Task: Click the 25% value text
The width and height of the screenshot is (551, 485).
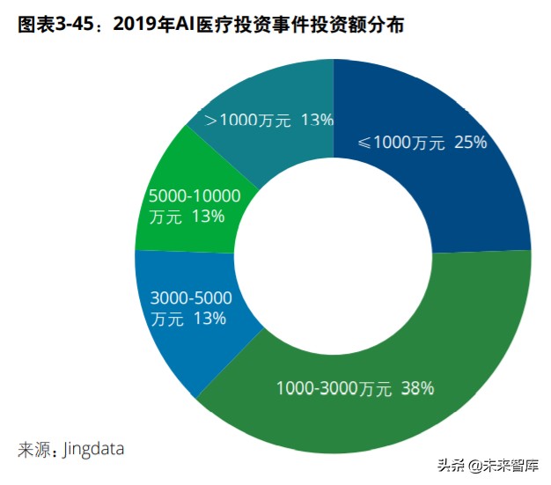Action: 470,143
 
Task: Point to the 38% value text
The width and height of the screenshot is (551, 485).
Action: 417,387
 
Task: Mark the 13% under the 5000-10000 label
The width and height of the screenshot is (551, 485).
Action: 209,216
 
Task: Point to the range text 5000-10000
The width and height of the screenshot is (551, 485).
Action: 195,195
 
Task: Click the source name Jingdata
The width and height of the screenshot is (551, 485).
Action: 93,448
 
